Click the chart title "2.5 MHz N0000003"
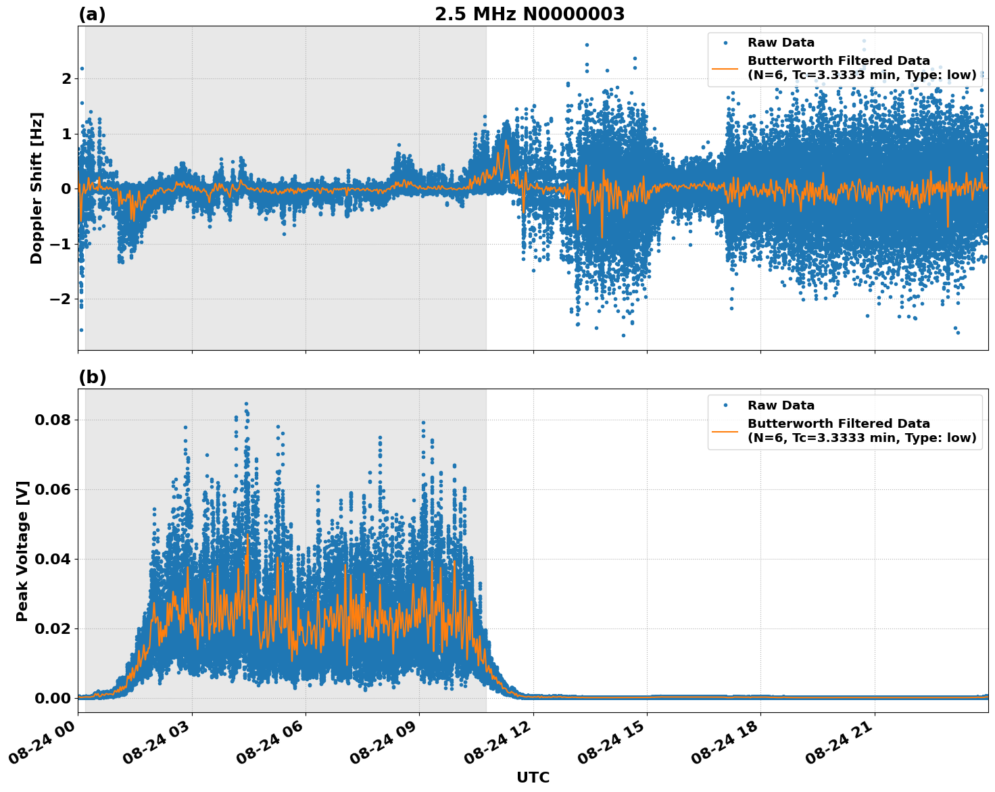click(x=529, y=14)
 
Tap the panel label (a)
click(x=92, y=14)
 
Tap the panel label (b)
click(x=92, y=377)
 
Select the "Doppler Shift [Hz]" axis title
click(x=37, y=188)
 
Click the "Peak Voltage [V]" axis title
click(x=22, y=551)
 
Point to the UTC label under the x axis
click(x=533, y=777)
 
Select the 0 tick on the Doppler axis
click(x=66, y=189)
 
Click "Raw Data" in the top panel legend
click(x=781, y=43)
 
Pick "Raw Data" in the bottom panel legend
click(x=781, y=405)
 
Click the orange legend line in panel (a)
click(x=725, y=68)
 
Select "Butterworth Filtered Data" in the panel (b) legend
click(x=838, y=424)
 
